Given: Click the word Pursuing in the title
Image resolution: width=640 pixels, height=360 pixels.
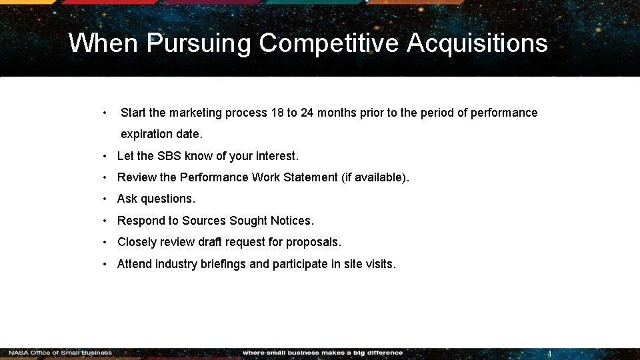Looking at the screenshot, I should pyautogui.click(x=197, y=44).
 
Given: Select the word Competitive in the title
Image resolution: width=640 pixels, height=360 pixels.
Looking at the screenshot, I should pyautogui.click(x=328, y=44).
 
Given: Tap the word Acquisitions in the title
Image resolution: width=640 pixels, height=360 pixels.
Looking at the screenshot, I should pyautogui.click(x=477, y=44).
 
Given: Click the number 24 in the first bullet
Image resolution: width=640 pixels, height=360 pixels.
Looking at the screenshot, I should pyautogui.click(x=307, y=113).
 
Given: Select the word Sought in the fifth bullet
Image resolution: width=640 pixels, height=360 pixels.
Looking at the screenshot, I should pyautogui.click(x=249, y=221).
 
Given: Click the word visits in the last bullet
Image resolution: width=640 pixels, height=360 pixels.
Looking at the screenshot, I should pyautogui.click(x=381, y=264).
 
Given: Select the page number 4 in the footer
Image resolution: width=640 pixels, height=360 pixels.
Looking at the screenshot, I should pyautogui.click(x=549, y=354).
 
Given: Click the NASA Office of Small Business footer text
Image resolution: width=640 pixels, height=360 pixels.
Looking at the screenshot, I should pyautogui.click(x=60, y=353).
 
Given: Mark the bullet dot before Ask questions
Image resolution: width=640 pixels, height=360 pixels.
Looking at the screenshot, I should pyautogui.click(x=106, y=199).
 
